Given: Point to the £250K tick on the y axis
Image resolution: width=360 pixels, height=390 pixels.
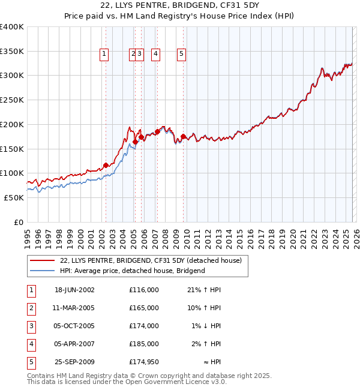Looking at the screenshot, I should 12,100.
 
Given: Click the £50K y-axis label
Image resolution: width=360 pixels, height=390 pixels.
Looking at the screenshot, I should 14,197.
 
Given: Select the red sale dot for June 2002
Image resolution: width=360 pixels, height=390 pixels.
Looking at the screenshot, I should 106,165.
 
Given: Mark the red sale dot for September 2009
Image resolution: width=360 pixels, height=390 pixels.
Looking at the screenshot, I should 183,136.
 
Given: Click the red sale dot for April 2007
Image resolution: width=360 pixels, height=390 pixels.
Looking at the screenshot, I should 157,131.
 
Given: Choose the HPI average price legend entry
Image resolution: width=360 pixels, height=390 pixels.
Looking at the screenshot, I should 133,271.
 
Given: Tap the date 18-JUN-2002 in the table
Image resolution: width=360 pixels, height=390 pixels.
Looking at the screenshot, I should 74,290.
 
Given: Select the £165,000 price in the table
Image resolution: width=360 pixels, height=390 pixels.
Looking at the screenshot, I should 144,308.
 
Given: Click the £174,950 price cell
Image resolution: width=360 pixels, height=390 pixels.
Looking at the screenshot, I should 144,362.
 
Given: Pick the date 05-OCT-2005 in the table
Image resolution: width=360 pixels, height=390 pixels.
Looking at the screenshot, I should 74,326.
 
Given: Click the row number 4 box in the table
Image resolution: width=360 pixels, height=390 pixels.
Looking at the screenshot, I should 31,344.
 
